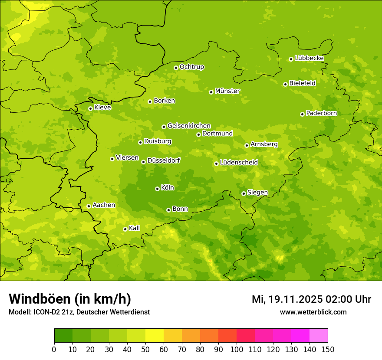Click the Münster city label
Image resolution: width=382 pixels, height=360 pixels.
pos(227,91)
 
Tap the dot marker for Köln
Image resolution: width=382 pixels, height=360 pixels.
pos(157,189)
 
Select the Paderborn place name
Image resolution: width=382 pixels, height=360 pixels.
pos(321,113)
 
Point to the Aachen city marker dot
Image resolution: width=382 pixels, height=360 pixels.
pos(89,206)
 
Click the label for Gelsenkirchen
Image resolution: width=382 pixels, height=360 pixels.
pos(189,126)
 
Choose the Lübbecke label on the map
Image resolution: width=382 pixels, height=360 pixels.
pos(309,58)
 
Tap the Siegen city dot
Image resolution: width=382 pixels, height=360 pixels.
pos(244,193)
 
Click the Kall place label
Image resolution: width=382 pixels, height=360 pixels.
pos(135,228)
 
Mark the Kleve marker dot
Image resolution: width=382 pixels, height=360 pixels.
pos(90,108)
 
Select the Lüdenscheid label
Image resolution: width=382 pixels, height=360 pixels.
pos(239,163)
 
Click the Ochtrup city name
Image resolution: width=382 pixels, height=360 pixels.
pos(191,67)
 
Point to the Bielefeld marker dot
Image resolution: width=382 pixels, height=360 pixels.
pos(285,84)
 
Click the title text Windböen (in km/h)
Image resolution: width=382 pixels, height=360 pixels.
pos(69,299)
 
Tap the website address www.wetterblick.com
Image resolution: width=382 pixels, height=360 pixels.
pos(313,312)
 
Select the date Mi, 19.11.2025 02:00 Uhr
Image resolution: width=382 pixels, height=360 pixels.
pos(311,299)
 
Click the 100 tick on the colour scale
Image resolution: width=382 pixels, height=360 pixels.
pos(237,349)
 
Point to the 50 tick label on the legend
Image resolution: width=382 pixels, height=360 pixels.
pos(145,349)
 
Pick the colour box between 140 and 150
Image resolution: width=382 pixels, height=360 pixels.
pos(319,336)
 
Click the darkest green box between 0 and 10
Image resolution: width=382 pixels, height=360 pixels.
pos(63,336)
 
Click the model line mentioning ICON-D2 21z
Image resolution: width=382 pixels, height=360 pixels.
pos(79,312)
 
